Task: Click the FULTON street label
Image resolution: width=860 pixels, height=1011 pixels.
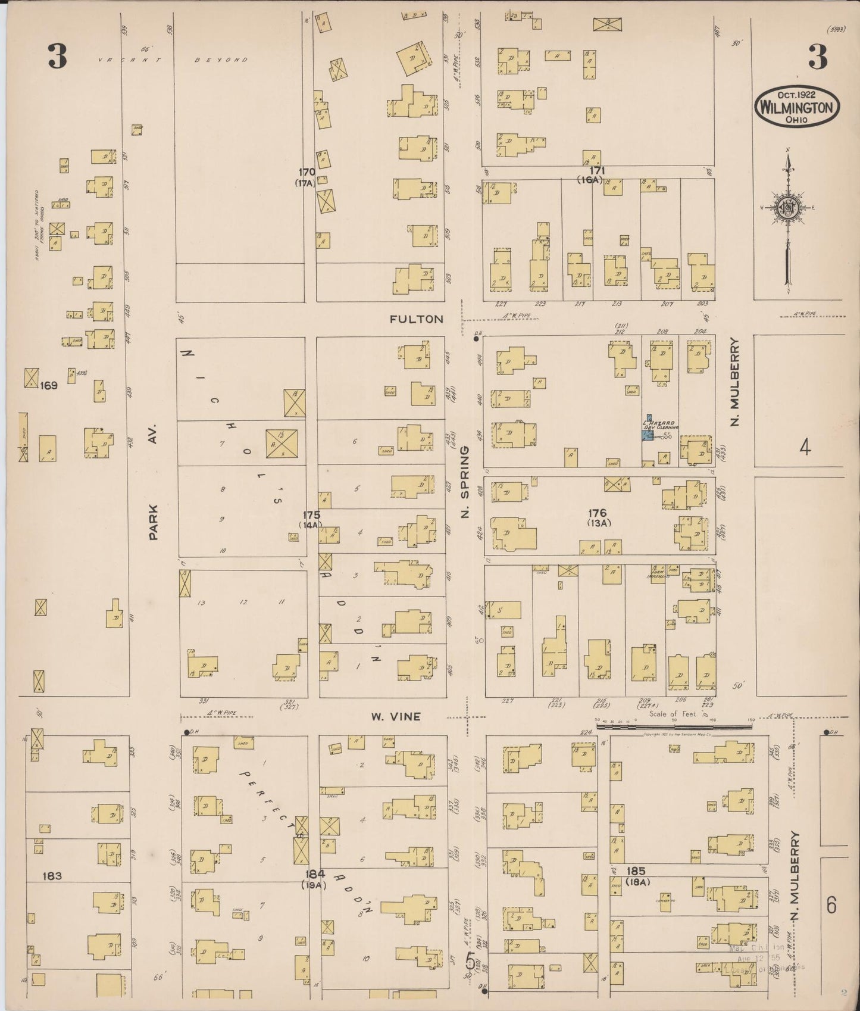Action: (x=416, y=319)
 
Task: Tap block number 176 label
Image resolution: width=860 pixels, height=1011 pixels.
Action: (x=597, y=513)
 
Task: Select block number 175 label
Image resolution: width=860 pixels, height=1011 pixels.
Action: (x=311, y=515)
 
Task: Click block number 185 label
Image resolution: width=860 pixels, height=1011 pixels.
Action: (x=636, y=870)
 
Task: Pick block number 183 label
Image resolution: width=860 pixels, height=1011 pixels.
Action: (x=52, y=876)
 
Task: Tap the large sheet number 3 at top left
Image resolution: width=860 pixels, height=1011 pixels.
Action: (x=58, y=57)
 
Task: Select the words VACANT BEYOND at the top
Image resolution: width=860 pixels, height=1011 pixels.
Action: (x=173, y=60)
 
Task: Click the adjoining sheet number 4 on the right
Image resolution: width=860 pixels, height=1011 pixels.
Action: (x=805, y=447)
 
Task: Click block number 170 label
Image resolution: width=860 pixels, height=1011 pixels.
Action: (x=307, y=173)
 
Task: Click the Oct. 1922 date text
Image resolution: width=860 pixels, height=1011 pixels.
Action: (x=796, y=94)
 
